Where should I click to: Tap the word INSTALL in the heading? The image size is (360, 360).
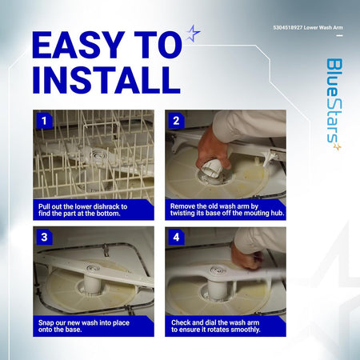coord(106,80)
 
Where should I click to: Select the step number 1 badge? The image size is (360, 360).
coord(44,121)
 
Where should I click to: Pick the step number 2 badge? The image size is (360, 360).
coord(176,121)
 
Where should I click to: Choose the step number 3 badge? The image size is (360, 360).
coord(44,237)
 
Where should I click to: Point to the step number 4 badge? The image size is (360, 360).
coord(176,237)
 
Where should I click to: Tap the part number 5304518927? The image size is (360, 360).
coord(288,27)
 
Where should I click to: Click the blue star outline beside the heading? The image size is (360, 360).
coord(193,34)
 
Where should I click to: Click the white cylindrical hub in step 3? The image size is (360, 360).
coord(92,284)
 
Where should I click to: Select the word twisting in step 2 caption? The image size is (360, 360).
coord(182,214)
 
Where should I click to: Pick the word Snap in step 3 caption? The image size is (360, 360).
coord(46,323)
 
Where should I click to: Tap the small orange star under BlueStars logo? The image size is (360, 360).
coord(338,146)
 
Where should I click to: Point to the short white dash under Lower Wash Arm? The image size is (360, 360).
coord(339,35)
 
